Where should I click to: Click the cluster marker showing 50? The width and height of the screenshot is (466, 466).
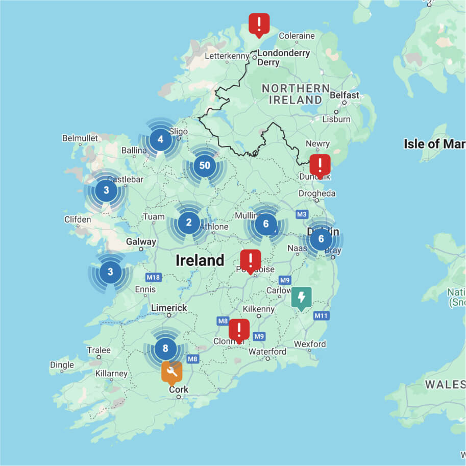tap(205, 166)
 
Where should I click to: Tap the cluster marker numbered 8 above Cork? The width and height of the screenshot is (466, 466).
tap(165, 349)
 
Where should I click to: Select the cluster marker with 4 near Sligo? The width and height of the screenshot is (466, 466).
tap(160, 139)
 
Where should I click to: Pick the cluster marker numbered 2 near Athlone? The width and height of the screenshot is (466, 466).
tap(189, 223)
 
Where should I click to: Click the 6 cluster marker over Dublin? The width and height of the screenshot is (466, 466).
tap(321, 239)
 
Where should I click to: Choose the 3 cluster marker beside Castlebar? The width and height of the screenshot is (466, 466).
tap(106, 191)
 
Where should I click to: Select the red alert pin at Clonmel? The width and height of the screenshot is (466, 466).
tap(239, 330)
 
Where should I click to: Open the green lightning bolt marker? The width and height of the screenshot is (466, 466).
tap(301, 297)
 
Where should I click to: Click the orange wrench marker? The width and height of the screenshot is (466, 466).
tap(172, 372)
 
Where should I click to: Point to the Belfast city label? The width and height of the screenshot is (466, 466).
tap(345, 95)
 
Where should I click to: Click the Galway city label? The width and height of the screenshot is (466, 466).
tap(141, 242)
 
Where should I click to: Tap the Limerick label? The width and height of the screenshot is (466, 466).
tap(169, 308)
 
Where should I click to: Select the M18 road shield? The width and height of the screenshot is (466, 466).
tap(153, 277)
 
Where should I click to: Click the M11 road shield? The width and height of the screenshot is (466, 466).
tap(321, 316)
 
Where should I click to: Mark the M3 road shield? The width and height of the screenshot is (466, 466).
tap(302, 213)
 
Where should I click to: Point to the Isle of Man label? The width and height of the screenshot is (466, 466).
tap(434, 144)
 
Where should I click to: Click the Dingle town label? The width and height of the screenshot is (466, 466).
tap(62, 365)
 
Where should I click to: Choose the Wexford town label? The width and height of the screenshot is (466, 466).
tap(310, 344)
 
